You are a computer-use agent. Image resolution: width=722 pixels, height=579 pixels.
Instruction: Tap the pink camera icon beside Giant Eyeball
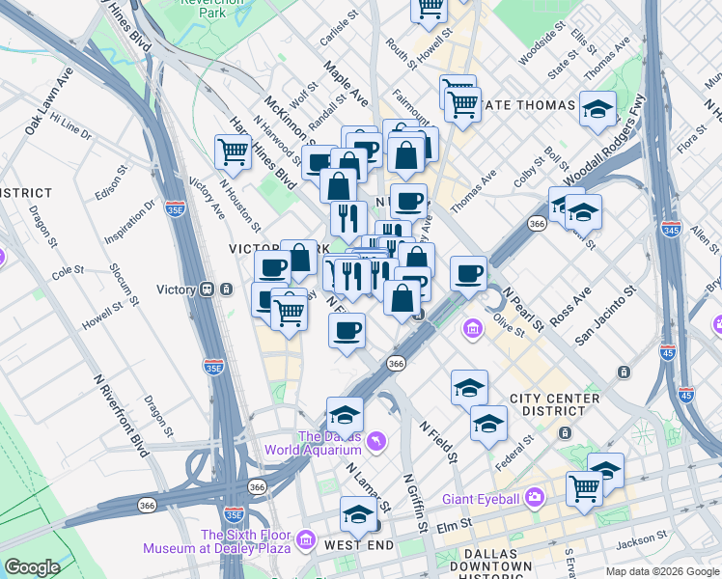pos(535,498)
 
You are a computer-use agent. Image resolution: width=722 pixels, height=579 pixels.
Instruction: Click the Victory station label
pos(176,289)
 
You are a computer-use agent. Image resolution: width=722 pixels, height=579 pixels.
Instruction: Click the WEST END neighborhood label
pos(359,545)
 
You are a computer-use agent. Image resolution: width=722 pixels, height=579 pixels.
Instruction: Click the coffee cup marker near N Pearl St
pos(469,273)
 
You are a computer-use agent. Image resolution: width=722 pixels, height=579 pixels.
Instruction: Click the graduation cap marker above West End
pos(358,512)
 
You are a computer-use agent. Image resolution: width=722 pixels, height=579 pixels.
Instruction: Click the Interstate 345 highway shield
pos(672,229)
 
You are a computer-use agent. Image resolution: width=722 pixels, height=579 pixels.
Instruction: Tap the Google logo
pos(32,567)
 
